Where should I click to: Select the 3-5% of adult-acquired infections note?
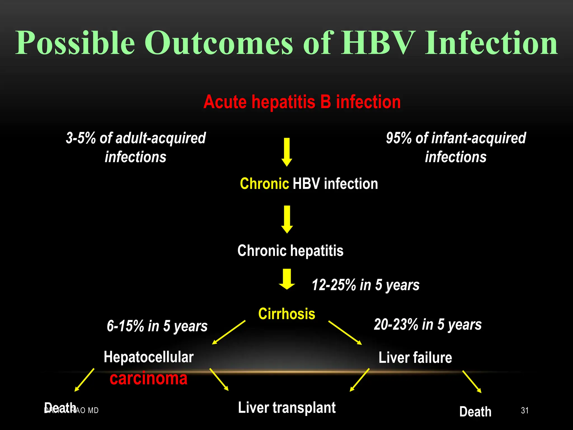tap(136, 147)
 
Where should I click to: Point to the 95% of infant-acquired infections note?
tap(456, 147)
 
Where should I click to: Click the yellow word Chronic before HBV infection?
tap(264, 184)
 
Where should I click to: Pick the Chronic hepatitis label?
tap(290, 250)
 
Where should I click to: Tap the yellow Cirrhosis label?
tap(286, 314)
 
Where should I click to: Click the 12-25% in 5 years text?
tap(365, 285)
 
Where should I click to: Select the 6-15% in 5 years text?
tap(157, 326)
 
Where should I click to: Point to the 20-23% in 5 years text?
tap(428, 325)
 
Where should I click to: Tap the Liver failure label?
tap(415, 357)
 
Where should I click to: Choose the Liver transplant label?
tap(286, 408)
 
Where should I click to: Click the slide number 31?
tap(525, 410)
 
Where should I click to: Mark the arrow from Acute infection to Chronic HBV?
tap(286, 152)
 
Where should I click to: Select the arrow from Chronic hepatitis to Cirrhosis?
tap(286, 279)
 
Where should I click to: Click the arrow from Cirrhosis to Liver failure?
tap(345, 333)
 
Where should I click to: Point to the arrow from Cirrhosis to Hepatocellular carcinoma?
tap(229, 332)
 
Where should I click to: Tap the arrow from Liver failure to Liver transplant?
tap(360, 380)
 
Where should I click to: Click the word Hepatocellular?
tap(149, 357)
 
